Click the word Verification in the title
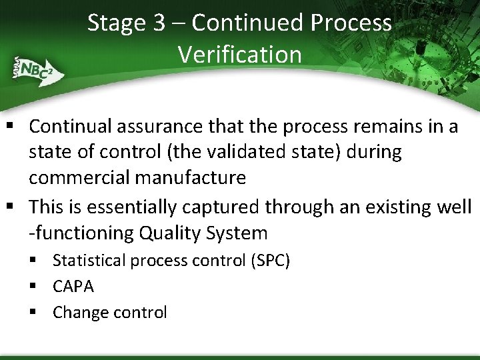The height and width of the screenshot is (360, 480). [x=239, y=54]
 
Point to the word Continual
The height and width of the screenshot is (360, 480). [x=71, y=126]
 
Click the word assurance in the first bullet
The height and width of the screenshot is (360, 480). [x=177, y=126]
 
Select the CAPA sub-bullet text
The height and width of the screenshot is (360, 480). [x=73, y=287]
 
